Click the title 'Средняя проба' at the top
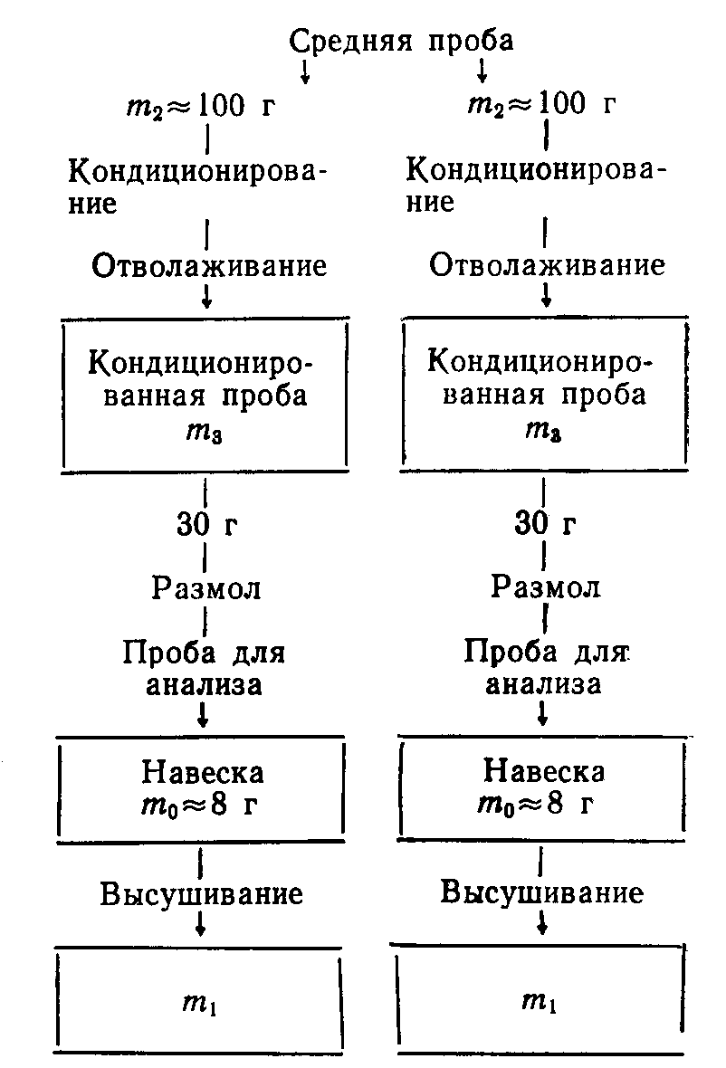(x=401, y=40)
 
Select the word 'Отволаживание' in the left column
(x=208, y=266)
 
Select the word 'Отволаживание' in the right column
(x=547, y=265)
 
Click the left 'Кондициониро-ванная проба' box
(x=205, y=395)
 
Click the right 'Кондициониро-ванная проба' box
(x=543, y=395)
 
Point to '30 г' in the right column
(x=545, y=523)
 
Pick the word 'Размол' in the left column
(x=206, y=588)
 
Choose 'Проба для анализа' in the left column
(x=208, y=667)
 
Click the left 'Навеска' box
(x=202, y=788)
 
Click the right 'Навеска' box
(x=541, y=787)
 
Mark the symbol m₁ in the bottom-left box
(x=201, y=1002)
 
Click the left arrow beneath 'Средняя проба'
(x=306, y=72)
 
